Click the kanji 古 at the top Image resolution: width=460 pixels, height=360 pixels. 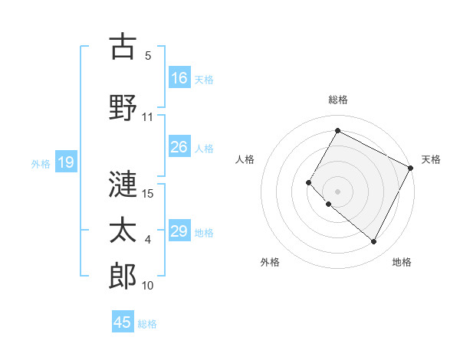pyautogui.click(x=123, y=47)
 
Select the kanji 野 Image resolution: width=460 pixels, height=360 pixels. pyautogui.click(x=123, y=108)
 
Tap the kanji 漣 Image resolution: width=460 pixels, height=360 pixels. pyautogui.click(x=123, y=183)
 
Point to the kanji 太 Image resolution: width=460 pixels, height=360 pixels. pyautogui.click(x=123, y=231)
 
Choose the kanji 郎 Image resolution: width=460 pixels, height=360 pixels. pyautogui.click(x=123, y=277)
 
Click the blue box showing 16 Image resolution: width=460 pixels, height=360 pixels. pyautogui.click(x=179, y=78)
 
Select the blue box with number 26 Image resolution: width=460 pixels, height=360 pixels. pyautogui.click(x=179, y=147)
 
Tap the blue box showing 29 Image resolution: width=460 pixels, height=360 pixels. pyautogui.click(x=179, y=231)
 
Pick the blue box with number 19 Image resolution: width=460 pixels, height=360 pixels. pyautogui.click(x=66, y=162)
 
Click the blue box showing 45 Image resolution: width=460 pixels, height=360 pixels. pyautogui.click(x=123, y=322)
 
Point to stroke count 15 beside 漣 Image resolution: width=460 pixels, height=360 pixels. pyautogui.click(x=149, y=193)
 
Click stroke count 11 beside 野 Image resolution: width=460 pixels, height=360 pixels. pyautogui.click(x=148, y=117)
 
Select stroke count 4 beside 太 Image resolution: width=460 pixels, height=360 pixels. pyautogui.click(x=148, y=240)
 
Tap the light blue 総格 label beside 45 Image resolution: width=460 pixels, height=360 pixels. pyautogui.click(x=148, y=324)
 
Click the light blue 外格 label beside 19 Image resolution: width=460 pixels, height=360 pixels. pyautogui.click(x=41, y=163)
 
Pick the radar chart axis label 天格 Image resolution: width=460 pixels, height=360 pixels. pyautogui.click(x=431, y=159)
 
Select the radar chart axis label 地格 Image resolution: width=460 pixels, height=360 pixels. pyautogui.click(x=402, y=262)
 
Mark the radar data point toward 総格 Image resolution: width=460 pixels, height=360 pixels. pyautogui.click(x=337, y=130)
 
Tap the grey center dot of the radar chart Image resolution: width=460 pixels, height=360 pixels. pyautogui.click(x=337, y=191)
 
